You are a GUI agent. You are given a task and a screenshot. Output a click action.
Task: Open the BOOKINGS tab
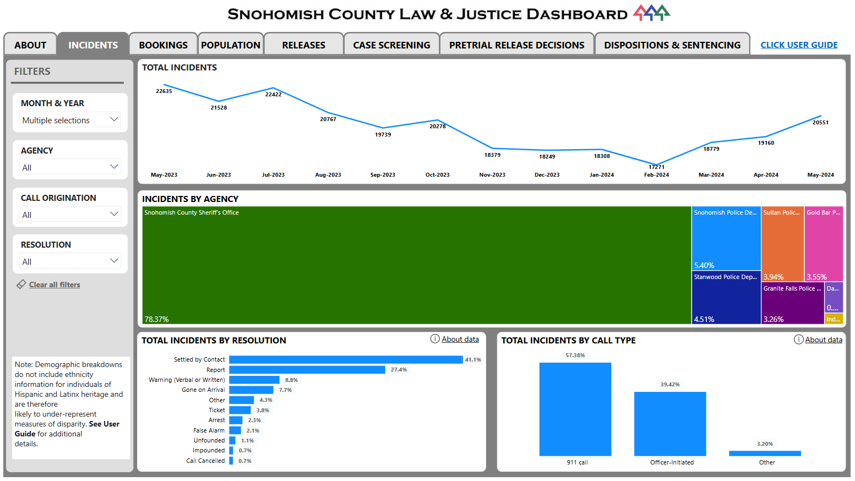click(x=163, y=45)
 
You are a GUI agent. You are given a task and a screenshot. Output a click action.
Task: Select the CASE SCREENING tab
click(x=391, y=45)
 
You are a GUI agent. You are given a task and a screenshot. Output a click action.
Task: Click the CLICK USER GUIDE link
click(x=799, y=45)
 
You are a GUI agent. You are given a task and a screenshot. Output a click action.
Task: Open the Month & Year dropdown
click(x=70, y=120)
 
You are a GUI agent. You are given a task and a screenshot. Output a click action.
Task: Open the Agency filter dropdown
click(x=70, y=167)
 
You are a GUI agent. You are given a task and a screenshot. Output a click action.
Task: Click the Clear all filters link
click(x=55, y=285)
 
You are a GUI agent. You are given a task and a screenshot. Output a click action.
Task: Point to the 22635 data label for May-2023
click(x=164, y=91)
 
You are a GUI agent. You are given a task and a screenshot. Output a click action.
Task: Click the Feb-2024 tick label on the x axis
click(x=656, y=175)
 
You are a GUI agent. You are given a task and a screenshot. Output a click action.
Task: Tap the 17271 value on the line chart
click(x=656, y=167)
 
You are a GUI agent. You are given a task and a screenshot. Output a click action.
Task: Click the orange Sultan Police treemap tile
click(x=782, y=242)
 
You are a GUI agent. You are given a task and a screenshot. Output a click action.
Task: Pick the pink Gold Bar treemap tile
click(x=824, y=242)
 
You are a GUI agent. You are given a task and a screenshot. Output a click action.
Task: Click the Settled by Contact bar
click(x=346, y=360)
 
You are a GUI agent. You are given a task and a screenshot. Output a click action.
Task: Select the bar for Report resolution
click(x=307, y=370)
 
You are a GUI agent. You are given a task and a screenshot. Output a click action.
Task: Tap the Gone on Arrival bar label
click(x=203, y=390)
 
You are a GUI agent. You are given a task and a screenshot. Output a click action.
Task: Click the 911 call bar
click(x=575, y=409)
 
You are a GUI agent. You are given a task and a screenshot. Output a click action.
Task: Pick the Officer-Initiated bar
click(x=670, y=424)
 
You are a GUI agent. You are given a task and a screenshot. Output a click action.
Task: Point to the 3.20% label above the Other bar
click(x=765, y=444)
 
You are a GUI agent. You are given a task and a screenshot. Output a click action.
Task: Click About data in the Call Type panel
click(x=823, y=340)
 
